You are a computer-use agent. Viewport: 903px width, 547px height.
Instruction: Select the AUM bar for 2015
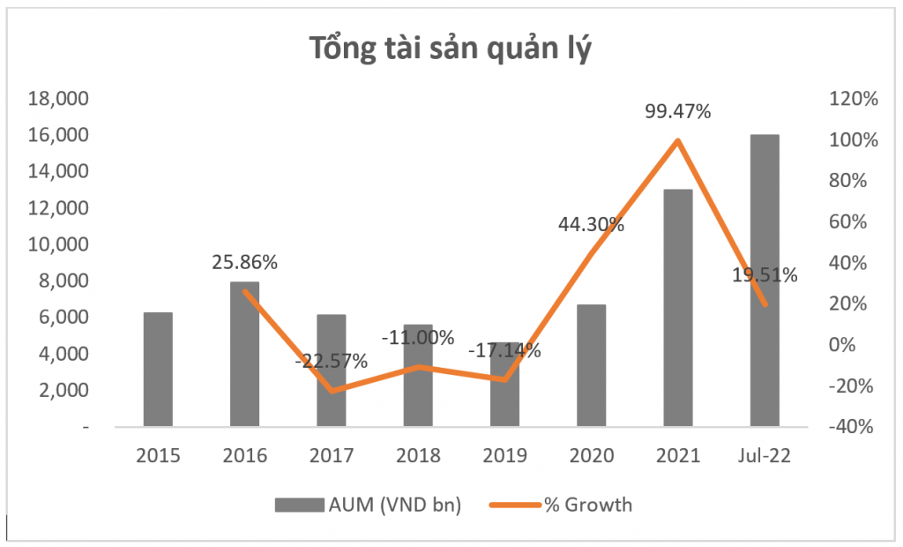[158, 369]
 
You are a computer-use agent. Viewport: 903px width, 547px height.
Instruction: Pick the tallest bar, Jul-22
[764, 281]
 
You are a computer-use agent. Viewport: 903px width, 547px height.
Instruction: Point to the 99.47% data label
[677, 112]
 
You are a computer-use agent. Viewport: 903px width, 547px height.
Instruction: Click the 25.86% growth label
[245, 262]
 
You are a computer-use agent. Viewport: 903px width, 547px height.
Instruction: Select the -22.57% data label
[332, 361]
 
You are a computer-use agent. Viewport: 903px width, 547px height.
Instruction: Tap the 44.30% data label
[591, 224]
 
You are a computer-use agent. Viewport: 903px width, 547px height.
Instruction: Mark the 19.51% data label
[764, 275]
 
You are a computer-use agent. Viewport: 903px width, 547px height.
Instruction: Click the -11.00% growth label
[418, 337]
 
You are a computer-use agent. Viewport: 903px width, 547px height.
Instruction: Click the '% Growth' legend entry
[572, 506]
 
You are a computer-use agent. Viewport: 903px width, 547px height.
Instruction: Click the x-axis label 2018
[418, 456]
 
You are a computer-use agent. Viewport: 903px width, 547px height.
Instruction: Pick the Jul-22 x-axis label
[764, 456]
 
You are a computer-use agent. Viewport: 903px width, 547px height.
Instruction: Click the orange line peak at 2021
[677, 140]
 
